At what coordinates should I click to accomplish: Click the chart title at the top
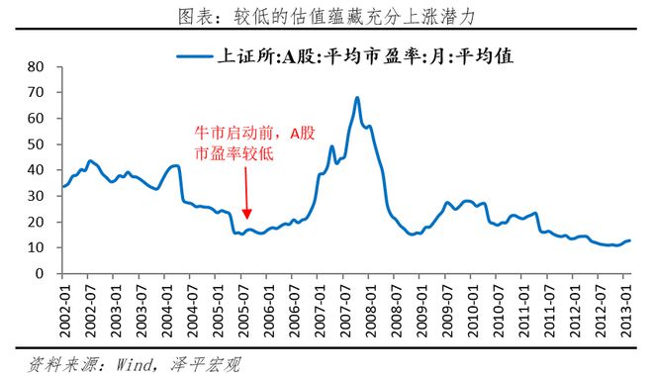326,17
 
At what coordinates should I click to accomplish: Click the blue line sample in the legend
195,55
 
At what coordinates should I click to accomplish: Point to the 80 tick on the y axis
36,66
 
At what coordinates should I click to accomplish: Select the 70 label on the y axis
36,92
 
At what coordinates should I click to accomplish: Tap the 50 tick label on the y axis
36,144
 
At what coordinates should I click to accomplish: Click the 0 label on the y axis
40,273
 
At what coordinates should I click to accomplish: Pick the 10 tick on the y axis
36,247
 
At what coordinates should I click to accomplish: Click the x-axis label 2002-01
66,311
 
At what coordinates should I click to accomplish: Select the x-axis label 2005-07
244,311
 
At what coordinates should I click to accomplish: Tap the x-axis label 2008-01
371,311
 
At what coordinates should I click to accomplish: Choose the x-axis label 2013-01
626,311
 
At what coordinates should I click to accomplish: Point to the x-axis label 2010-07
499,311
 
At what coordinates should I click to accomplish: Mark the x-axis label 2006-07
295,311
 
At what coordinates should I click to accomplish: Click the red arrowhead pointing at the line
247,214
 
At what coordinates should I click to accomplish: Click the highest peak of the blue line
357,98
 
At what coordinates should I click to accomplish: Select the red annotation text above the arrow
255,143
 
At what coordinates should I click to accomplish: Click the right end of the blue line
629,240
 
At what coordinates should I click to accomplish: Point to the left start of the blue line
63,187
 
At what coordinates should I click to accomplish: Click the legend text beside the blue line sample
365,56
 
